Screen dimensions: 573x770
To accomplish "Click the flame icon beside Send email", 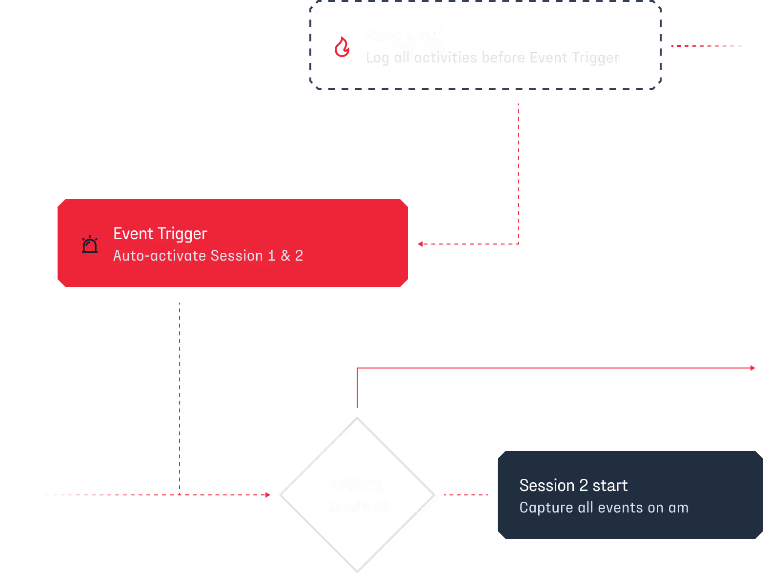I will click(342, 47).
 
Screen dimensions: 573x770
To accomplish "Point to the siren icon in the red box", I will click(90, 244).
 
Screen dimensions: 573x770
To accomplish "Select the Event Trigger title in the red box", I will click(160, 234).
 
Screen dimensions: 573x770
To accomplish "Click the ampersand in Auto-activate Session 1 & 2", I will click(285, 256).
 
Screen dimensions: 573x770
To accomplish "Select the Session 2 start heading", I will click(573, 486).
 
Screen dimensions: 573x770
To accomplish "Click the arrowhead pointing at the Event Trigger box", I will click(420, 244).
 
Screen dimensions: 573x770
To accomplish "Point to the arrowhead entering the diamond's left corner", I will click(268, 495).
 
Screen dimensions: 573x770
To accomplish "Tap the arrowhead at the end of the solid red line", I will click(753, 368).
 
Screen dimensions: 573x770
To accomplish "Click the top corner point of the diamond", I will click(357, 418).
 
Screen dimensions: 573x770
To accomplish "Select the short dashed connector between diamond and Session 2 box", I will click(466, 495).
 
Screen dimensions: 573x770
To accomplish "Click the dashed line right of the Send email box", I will click(709, 46).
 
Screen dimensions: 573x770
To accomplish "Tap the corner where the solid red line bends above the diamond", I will click(357, 368).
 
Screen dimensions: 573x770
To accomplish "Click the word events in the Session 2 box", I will click(620, 508).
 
